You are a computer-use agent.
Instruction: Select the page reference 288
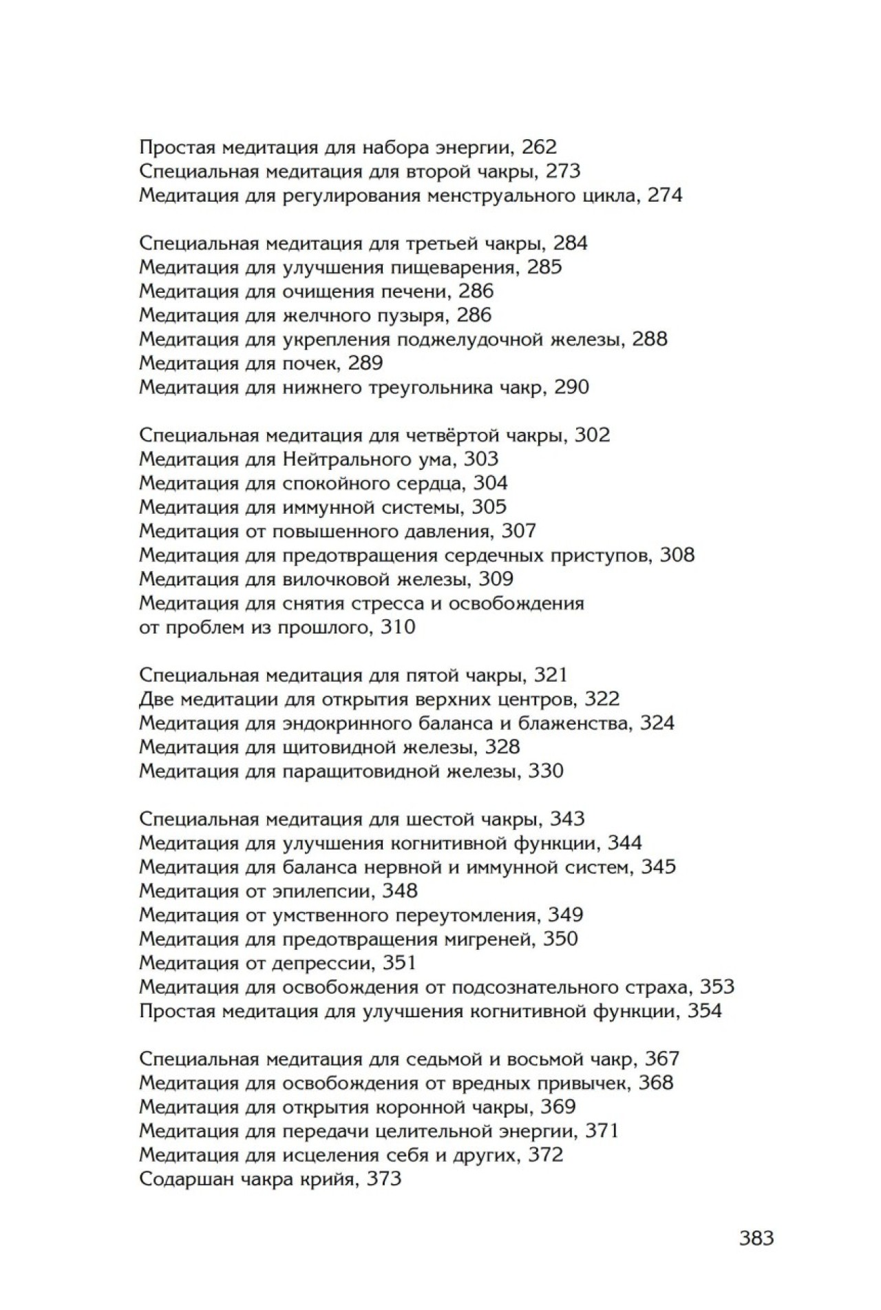[650, 340]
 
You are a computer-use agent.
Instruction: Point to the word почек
[310, 364]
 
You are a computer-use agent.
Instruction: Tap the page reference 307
[519, 531]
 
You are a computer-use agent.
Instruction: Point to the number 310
[398, 627]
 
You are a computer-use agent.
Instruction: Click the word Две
[156, 700]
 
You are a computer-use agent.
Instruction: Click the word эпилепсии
[319, 891]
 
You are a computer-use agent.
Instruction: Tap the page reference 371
[601, 1132]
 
